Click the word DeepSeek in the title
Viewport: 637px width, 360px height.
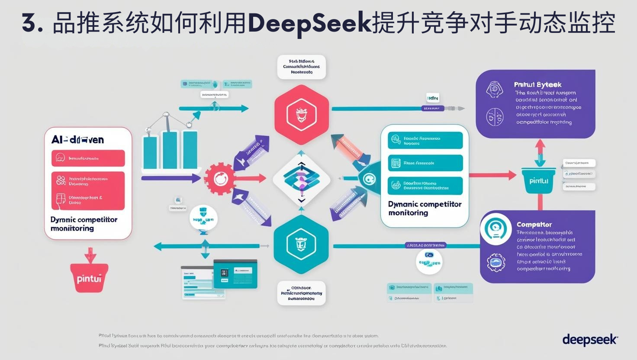tap(310, 24)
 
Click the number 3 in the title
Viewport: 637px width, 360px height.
tap(29, 24)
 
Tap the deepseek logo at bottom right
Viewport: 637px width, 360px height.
tap(590, 340)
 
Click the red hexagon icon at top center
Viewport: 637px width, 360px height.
tap(302, 115)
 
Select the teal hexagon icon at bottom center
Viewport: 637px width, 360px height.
tap(301, 245)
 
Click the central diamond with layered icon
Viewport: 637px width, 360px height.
tap(302, 178)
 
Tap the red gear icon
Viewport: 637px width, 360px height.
tap(219, 178)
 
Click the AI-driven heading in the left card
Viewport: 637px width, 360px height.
tap(77, 140)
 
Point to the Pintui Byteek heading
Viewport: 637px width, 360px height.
tap(537, 85)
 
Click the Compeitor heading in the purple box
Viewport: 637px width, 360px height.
tap(534, 225)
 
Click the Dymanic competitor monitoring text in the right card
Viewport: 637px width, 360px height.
tap(425, 208)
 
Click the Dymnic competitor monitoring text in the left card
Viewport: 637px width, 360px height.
tap(84, 224)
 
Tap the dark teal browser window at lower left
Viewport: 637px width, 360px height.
tap(235, 273)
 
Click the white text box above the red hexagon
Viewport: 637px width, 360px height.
tap(301, 67)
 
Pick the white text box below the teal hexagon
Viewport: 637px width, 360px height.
tap(301, 293)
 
